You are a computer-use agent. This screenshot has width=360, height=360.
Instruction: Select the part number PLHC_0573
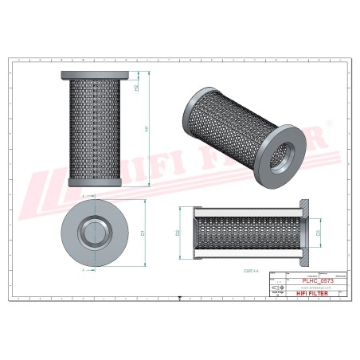[x=317, y=280]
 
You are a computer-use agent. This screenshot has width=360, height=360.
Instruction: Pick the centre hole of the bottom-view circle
[x=92, y=233]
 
